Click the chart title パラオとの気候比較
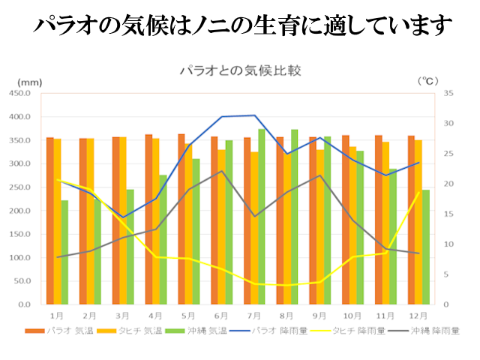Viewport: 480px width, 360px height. point(240,72)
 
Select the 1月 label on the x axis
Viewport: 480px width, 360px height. point(56,316)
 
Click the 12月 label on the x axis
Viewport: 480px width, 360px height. point(419,316)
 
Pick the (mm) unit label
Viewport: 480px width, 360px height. point(30,81)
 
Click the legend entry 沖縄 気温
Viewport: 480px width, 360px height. point(188,330)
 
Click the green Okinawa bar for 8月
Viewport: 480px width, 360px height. point(294,217)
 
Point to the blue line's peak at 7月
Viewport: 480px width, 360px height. point(255,115)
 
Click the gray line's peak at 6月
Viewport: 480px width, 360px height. point(222,171)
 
